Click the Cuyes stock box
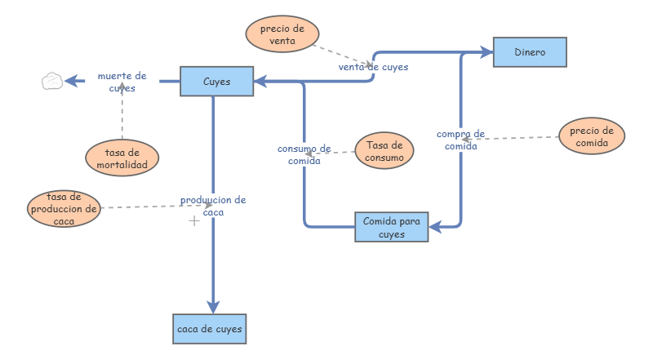tap(216, 82)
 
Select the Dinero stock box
tap(530, 52)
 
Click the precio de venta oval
tap(282, 34)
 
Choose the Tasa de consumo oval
tap(384, 151)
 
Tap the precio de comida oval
tap(592, 137)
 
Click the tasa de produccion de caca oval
tap(64, 208)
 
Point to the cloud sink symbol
tap(52, 81)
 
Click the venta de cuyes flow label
tap(373, 67)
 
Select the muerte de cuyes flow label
tap(122, 82)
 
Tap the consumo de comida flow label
tap(304, 154)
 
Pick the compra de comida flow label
tap(460, 140)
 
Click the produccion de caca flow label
tap(213, 206)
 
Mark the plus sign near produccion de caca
tap(194, 221)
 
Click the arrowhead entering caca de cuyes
tap(213, 306)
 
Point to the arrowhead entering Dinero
tap(487, 52)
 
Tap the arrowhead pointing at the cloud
tap(71, 81)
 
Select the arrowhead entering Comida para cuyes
tap(435, 226)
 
